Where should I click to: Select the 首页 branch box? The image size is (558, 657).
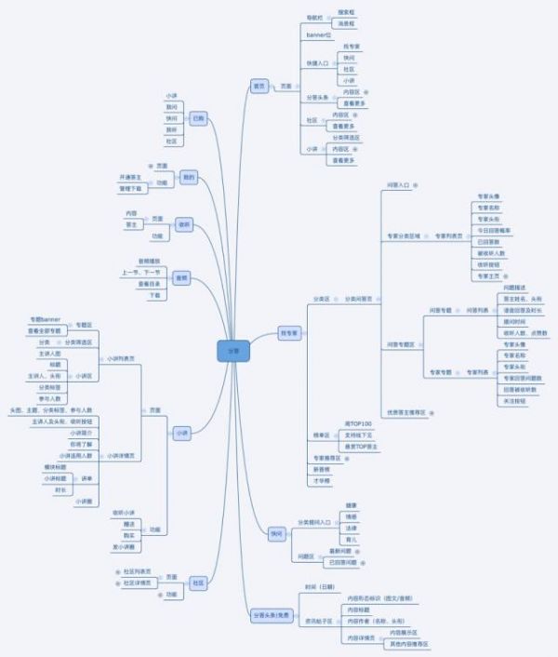259,86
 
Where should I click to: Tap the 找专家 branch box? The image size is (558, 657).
290,332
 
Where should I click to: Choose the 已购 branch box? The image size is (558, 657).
198,119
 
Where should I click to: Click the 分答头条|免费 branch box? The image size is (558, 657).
270,615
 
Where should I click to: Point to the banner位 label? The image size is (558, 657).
319,33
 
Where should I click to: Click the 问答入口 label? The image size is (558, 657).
397,184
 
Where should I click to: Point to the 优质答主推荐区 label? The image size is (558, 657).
406,410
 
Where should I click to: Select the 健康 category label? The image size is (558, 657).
351,505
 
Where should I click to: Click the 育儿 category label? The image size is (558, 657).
351,540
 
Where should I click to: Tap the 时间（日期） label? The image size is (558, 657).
318,588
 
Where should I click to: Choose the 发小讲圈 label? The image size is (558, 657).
125,547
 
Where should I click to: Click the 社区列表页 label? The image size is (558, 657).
137,570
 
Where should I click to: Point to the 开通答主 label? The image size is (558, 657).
130,177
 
